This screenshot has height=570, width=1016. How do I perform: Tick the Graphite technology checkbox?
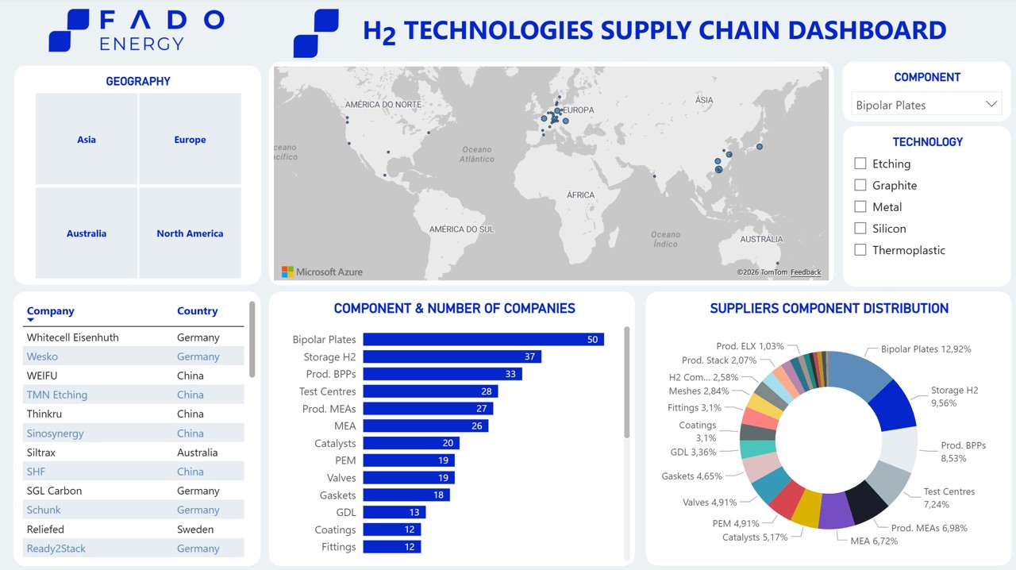click(860, 185)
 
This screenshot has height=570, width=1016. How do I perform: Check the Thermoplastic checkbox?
click(860, 250)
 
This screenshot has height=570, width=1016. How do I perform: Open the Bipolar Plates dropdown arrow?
click(991, 104)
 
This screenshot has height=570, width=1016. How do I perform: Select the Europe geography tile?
click(190, 140)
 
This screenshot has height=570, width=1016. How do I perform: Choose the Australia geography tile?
click(87, 233)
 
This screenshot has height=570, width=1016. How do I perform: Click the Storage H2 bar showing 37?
click(452, 356)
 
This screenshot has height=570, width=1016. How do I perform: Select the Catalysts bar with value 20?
click(411, 443)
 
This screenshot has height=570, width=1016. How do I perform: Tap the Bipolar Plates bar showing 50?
click(483, 339)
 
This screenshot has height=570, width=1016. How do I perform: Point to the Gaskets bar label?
click(338, 495)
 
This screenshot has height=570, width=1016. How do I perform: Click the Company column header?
click(50, 311)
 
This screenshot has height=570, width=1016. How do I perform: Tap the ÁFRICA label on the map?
click(580, 194)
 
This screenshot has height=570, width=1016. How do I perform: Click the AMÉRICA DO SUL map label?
click(461, 229)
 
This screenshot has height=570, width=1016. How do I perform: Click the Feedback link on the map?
click(806, 272)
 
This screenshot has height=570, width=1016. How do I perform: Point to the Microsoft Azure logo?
click(322, 272)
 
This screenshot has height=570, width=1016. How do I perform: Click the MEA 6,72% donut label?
click(868, 541)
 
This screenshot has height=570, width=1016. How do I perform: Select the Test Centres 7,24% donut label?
click(949, 498)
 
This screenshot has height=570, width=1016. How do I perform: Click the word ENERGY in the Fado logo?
click(142, 44)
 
